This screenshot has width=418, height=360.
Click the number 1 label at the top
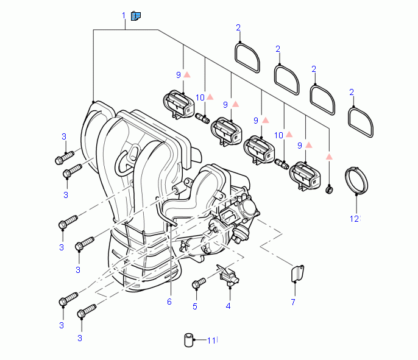124,15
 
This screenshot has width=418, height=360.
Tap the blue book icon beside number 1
136,15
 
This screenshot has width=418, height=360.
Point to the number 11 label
211,341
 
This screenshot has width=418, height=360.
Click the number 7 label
292,302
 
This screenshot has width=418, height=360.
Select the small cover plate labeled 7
297,274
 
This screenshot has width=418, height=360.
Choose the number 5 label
195,306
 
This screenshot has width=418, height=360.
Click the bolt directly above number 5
198,283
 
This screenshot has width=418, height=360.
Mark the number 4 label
228,306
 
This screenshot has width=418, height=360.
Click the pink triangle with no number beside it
328,157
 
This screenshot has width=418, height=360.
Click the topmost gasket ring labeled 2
247,58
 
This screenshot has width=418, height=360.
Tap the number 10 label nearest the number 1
200,97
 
